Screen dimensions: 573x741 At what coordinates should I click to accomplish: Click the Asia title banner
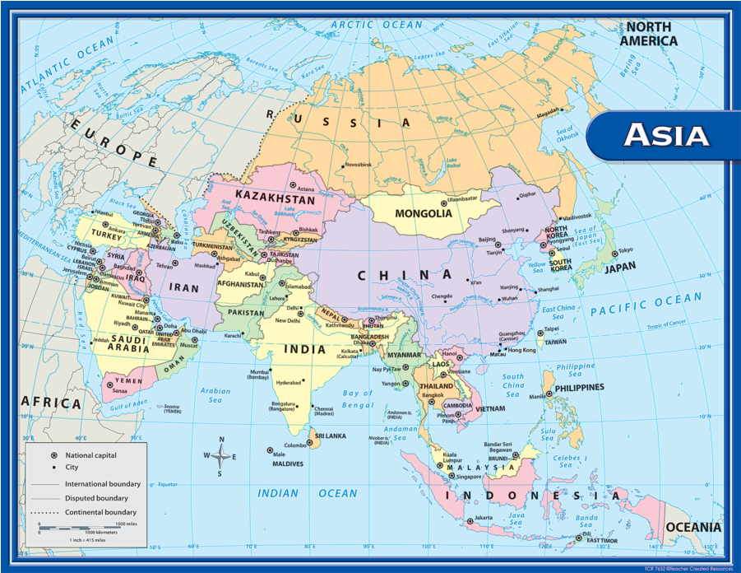pyautogui.click(x=665, y=134)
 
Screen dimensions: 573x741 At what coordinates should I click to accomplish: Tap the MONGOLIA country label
pyautogui.click(x=424, y=213)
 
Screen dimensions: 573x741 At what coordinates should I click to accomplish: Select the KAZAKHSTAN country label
pyautogui.click(x=275, y=199)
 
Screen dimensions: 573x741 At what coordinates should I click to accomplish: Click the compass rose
pyautogui.click(x=220, y=456)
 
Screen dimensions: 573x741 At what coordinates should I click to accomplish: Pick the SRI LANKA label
pyautogui.click(x=331, y=436)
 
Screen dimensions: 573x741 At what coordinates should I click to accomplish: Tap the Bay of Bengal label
pyautogui.click(x=358, y=399)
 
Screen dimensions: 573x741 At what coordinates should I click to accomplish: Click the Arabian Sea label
pyautogui.click(x=215, y=395)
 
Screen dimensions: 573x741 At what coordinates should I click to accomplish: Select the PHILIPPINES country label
pyautogui.click(x=579, y=387)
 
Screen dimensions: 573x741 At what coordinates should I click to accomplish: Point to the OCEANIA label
pyautogui.click(x=692, y=527)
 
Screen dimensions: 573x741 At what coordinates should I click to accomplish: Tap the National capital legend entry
pyautogui.click(x=91, y=454)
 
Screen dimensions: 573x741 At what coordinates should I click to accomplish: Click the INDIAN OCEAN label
pyautogui.click(x=307, y=493)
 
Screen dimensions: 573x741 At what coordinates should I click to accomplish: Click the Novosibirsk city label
pyautogui.click(x=358, y=165)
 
